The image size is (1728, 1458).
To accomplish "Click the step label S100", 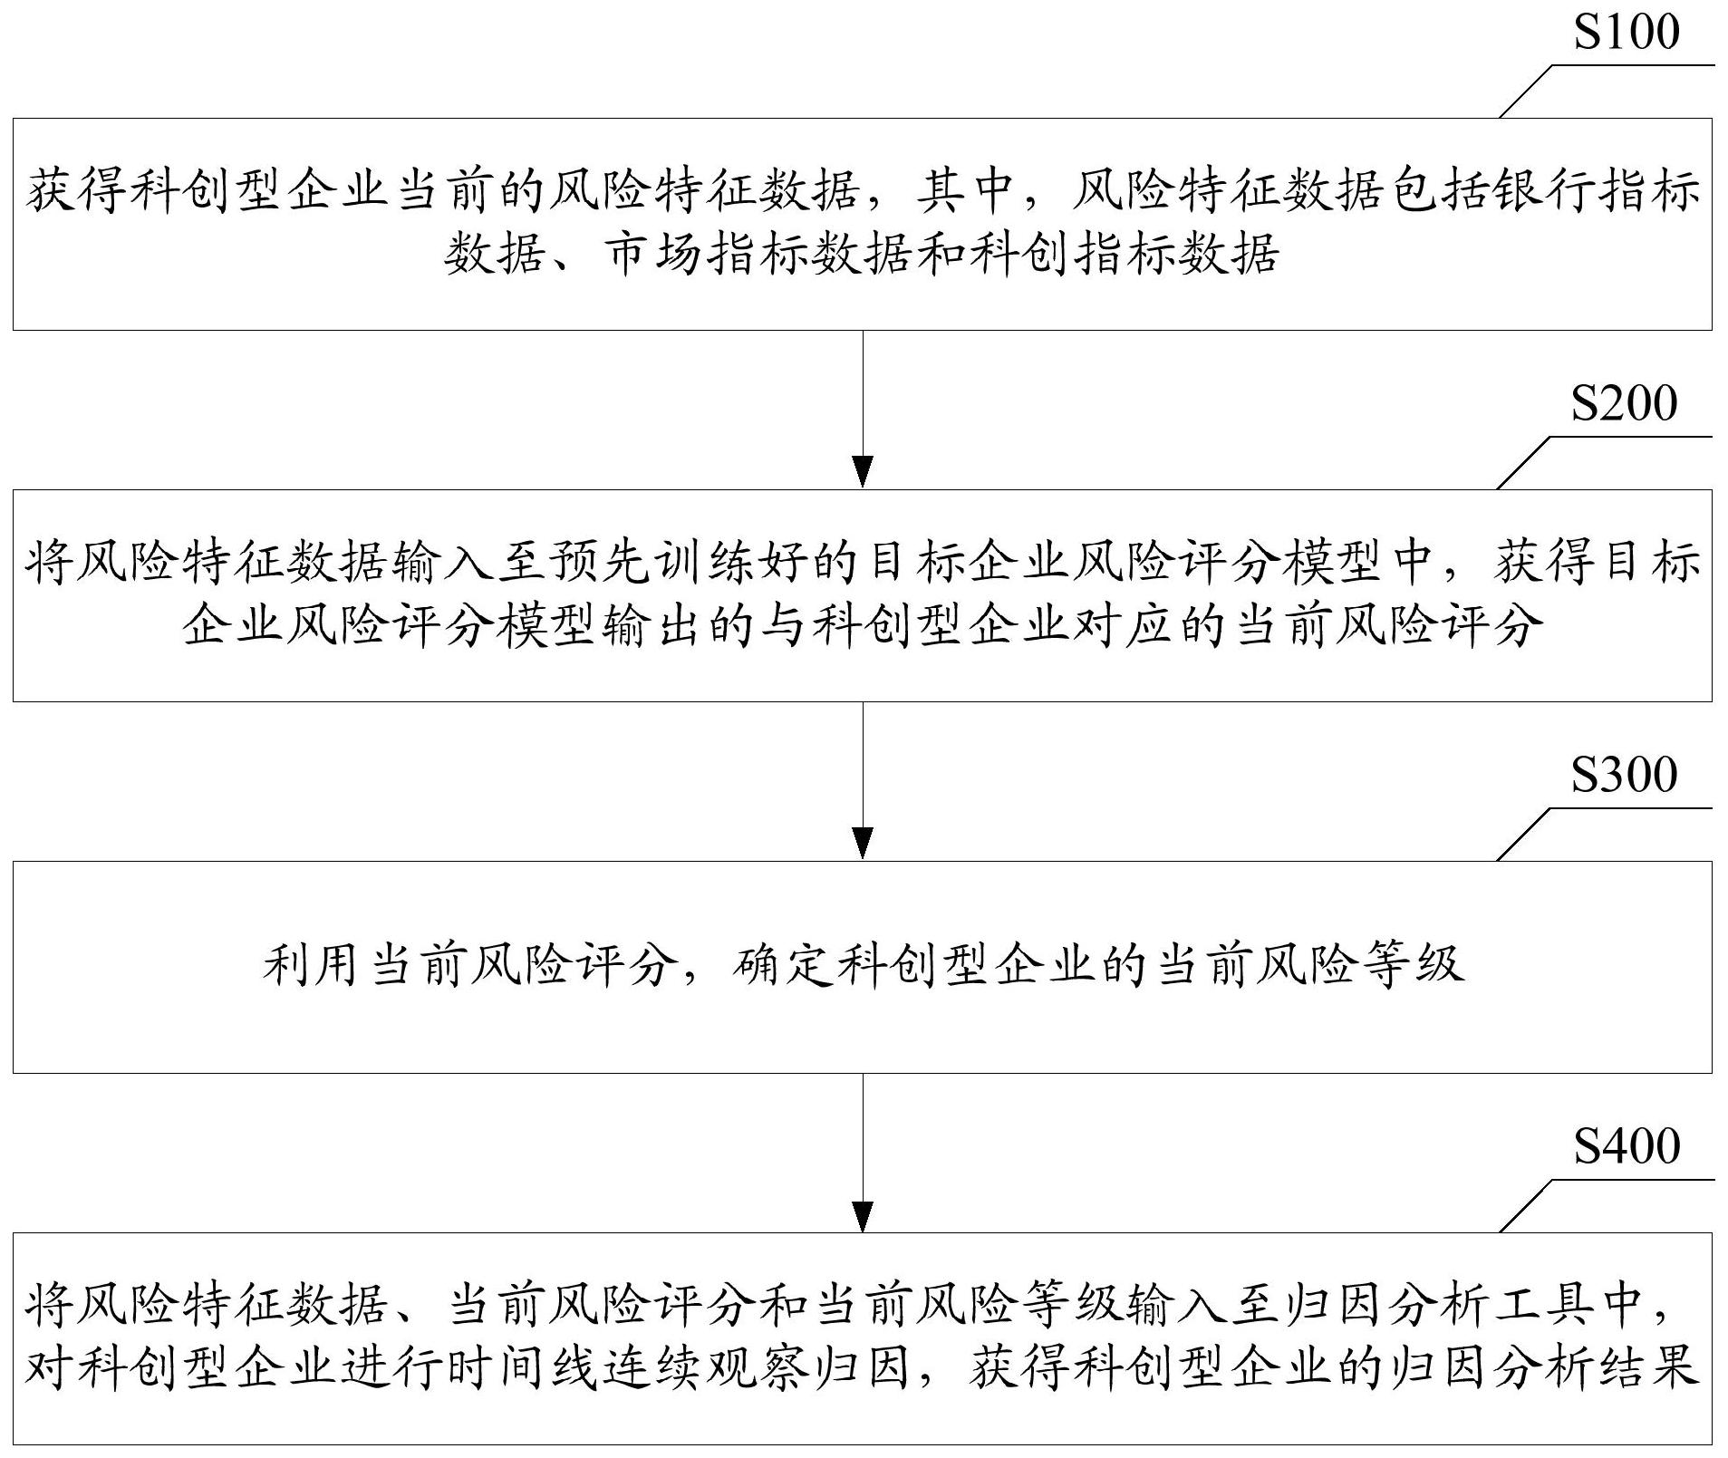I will tap(1627, 33).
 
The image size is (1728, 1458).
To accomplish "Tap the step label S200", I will tap(1624, 404).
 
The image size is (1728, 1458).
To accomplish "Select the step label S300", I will tap(1624, 776).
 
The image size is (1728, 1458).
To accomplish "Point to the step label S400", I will tap(1627, 1147).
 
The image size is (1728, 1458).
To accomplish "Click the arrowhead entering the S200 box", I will tap(863, 473).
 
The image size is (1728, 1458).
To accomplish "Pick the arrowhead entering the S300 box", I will tap(863, 844).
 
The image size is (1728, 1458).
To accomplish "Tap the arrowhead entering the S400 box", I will tap(863, 1216).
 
